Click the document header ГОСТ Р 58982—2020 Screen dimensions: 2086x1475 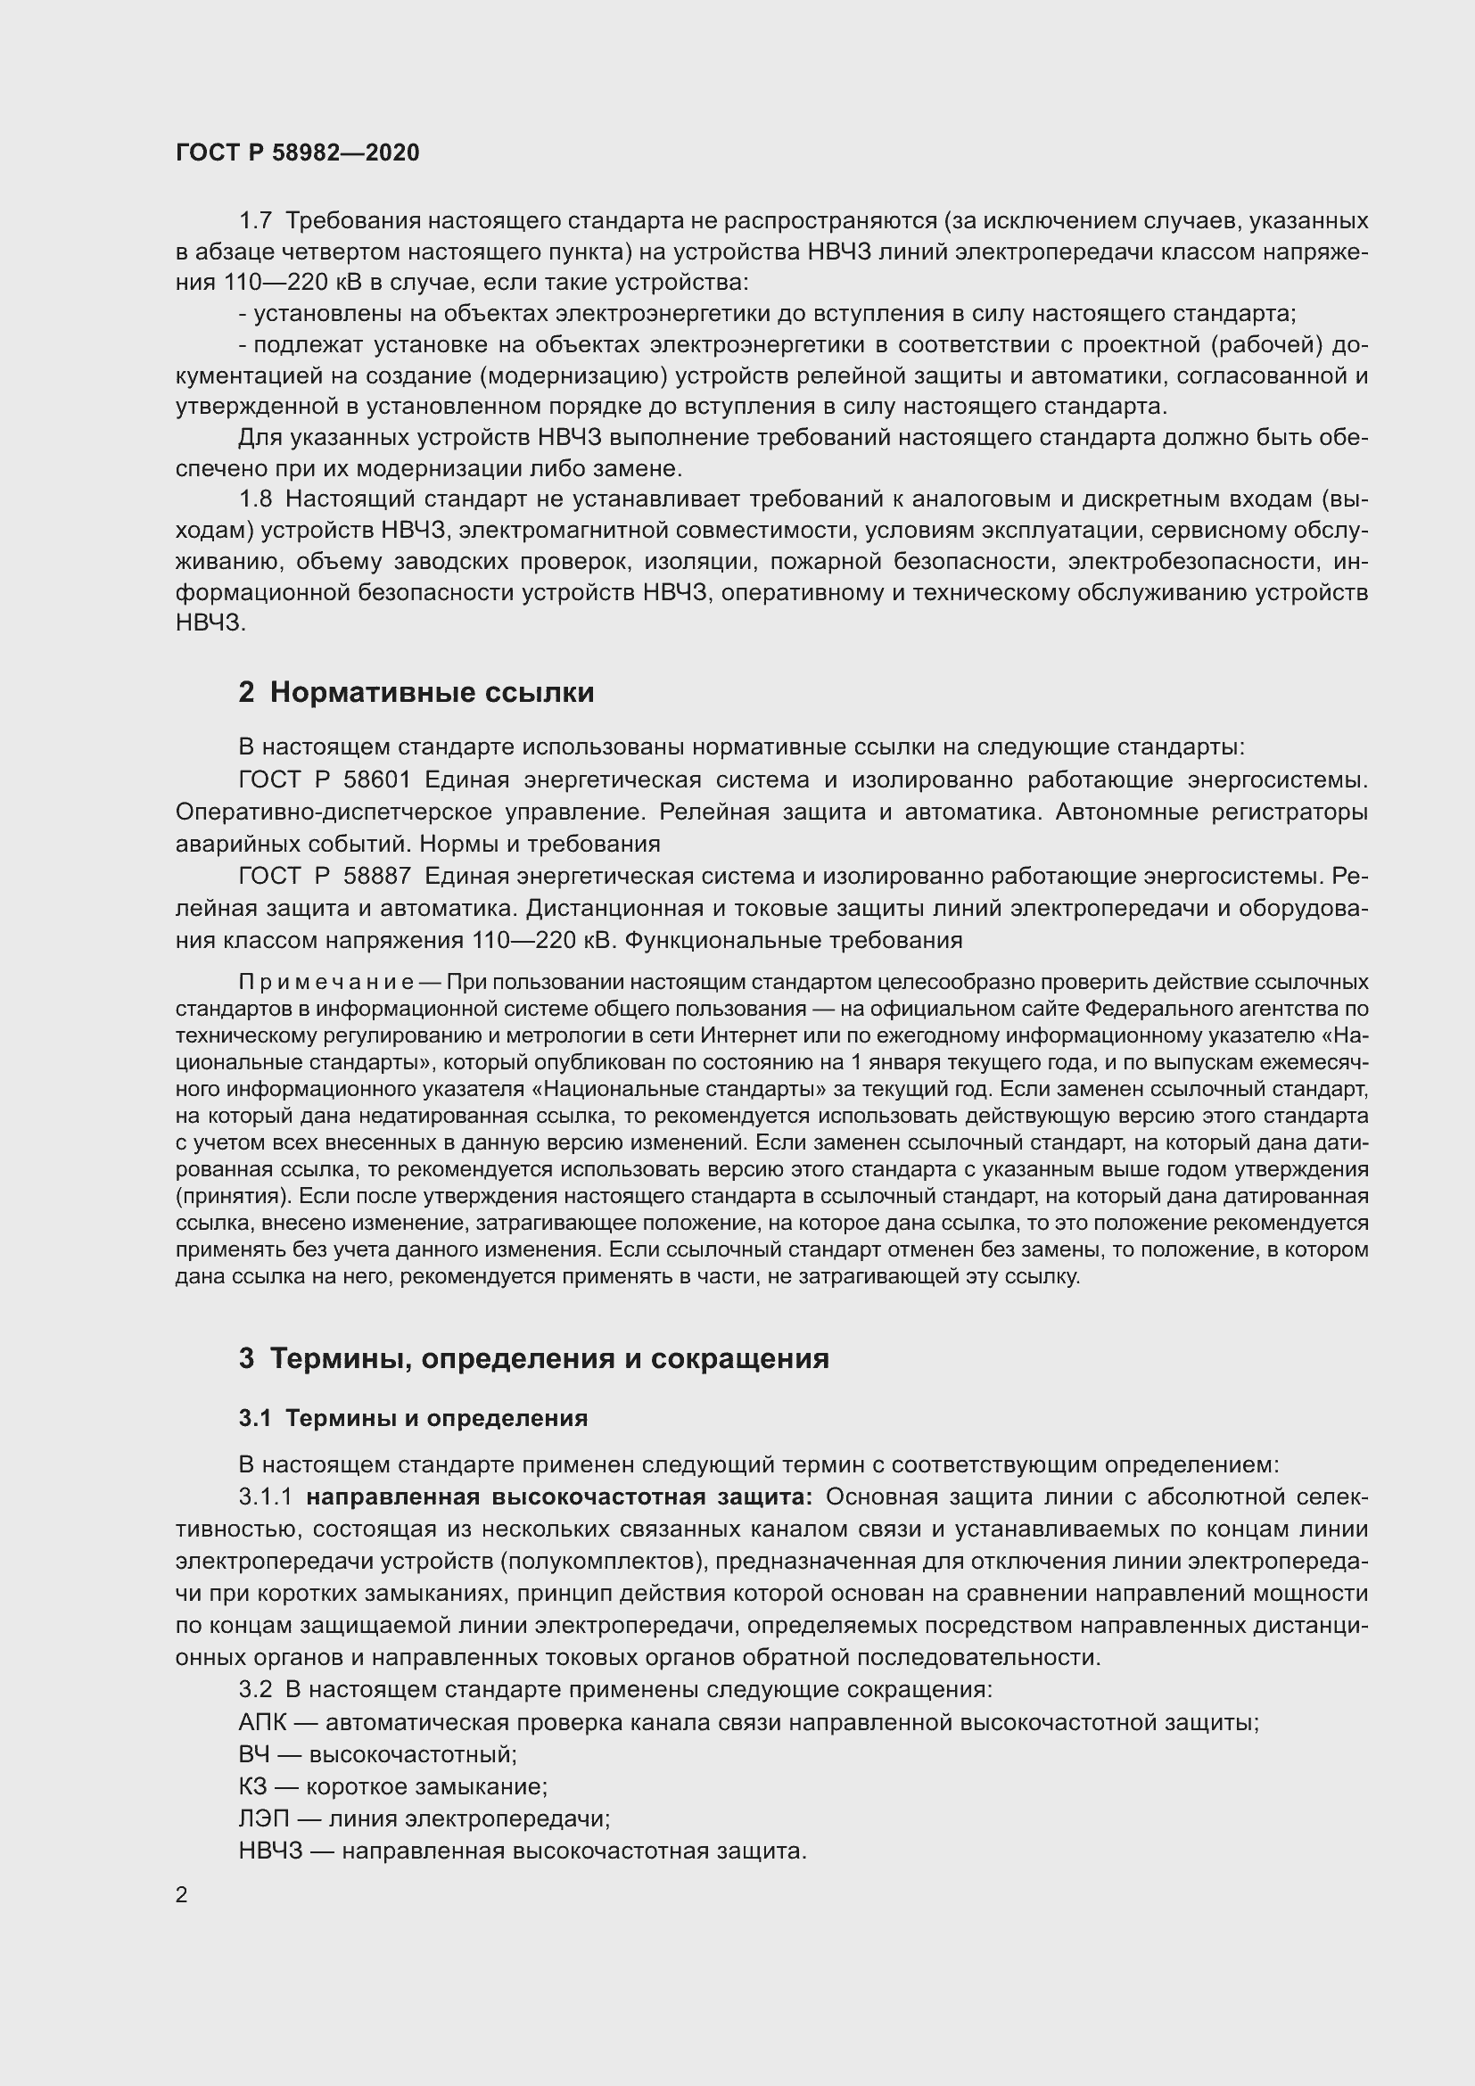(298, 153)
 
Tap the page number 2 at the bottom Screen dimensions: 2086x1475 (182, 1894)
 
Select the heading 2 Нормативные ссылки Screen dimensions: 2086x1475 (416, 692)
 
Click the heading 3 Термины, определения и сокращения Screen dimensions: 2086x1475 (534, 1358)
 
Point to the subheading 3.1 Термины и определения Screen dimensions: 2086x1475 (413, 1418)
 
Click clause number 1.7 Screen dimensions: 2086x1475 (255, 221)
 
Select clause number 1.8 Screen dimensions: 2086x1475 (255, 499)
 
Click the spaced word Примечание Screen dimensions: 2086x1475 (326, 982)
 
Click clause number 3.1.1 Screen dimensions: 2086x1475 (265, 1497)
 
